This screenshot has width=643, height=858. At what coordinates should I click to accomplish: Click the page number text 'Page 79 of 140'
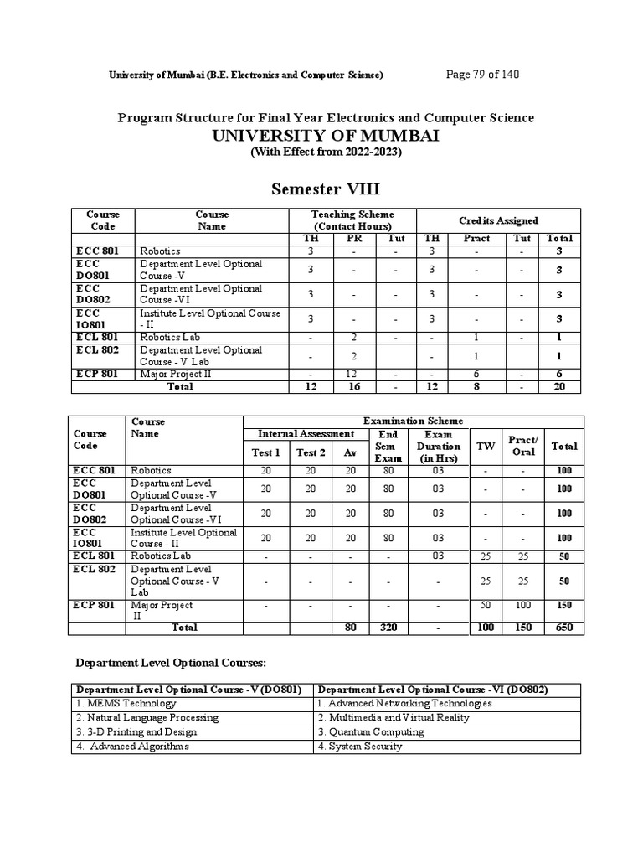[x=483, y=75]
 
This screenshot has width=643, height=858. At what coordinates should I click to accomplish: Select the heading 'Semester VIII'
[x=326, y=189]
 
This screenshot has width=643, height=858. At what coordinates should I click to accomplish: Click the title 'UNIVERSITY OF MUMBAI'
[x=326, y=136]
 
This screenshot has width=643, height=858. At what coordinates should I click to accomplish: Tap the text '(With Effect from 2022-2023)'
[x=326, y=152]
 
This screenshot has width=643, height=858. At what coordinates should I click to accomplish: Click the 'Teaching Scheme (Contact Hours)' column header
[x=352, y=220]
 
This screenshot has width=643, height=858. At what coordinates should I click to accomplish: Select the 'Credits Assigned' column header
[x=498, y=220]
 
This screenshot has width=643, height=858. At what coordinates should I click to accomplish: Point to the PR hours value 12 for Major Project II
[x=353, y=374]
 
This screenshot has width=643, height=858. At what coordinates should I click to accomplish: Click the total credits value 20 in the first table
[x=559, y=386]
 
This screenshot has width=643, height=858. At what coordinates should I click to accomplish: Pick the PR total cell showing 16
[x=353, y=386]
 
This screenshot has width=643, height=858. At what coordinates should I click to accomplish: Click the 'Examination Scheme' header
[x=412, y=421]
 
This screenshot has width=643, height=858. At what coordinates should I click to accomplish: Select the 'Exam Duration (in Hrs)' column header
[x=439, y=447]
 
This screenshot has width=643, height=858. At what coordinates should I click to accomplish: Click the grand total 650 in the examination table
[x=564, y=627]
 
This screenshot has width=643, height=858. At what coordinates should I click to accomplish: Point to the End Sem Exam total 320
[x=388, y=627]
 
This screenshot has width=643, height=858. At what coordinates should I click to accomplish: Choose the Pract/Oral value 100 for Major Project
[x=523, y=604]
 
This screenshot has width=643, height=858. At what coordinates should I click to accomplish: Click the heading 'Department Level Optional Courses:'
[x=170, y=663]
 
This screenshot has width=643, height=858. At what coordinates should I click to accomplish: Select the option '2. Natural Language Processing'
[x=147, y=717]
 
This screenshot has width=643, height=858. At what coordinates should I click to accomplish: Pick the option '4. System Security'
[x=360, y=746]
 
